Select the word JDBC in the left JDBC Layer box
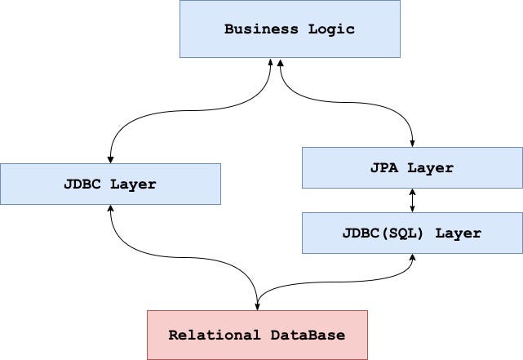pyautogui.click(x=82, y=184)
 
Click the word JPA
pyautogui.click(x=384, y=168)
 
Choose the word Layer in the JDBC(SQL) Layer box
pyautogui.click(x=458, y=233)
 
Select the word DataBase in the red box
pyautogui.click(x=308, y=335)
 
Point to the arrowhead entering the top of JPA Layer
pyautogui.click(x=412, y=143)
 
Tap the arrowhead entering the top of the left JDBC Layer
pyautogui.click(x=110, y=159)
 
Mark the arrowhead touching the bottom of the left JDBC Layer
pyautogui.click(x=110, y=208)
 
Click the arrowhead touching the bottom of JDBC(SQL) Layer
pyautogui.click(x=412, y=257)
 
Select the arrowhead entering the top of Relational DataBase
pyautogui.click(x=258, y=306)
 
